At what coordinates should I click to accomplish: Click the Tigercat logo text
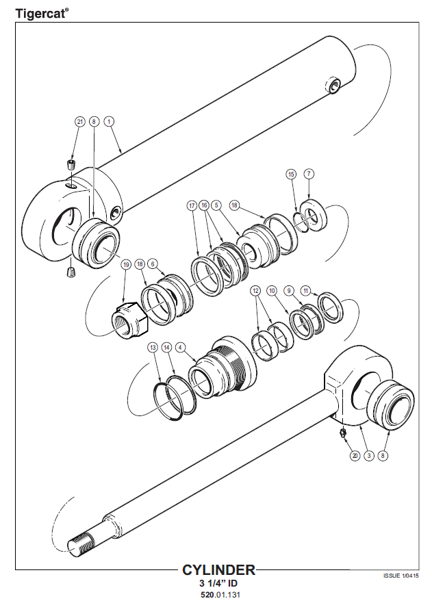pos(42,14)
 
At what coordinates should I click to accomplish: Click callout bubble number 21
pos(79,122)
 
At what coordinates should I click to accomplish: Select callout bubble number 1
pos(109,122)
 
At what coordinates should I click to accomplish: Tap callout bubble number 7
pos(309,174)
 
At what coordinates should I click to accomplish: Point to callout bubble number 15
pos(291,175)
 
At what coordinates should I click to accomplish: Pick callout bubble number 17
pos(192,205)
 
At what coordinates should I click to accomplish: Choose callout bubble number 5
pos(216,205)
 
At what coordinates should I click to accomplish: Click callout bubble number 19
pos(126,264)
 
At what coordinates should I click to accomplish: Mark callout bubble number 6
pos(153,264)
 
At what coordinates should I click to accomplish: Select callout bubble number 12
pos(255,290)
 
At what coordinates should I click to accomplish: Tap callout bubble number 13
pos(153,348)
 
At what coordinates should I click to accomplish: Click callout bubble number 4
pos(180,348)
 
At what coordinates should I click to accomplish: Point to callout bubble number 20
pos(355,456)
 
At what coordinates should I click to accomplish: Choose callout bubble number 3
pos(369,456)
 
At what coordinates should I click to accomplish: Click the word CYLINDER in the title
pos(218,569)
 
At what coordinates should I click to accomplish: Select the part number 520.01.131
pos(220,595)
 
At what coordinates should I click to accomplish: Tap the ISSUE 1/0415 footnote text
pos(401,576)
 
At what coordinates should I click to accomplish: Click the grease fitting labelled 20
pos(342,433)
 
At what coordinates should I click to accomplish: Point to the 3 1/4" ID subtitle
pos(218,583)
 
